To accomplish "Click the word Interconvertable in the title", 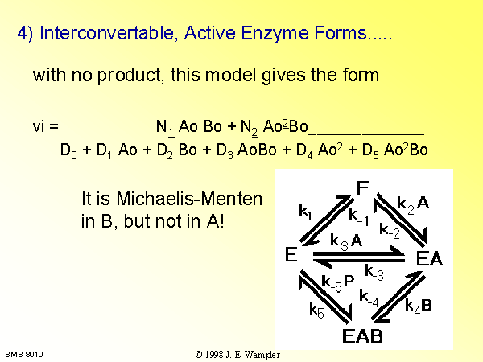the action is point(107,33).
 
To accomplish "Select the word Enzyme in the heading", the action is point(275,33).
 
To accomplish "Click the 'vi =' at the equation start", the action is point(46,126).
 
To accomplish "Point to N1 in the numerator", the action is point(165,127).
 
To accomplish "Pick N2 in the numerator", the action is point(249,127).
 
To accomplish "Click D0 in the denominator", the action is point(68,151).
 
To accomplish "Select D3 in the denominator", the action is point(225,151).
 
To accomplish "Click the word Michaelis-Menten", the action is point(189,199).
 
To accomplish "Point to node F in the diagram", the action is point(363,187).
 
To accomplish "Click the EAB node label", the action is point(362,335).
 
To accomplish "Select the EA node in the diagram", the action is point(429,258).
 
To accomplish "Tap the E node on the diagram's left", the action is point(291,254).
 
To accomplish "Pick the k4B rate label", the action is point(419,306).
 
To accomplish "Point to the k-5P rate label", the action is point(338,282).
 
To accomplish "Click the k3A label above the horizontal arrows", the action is point(346,241).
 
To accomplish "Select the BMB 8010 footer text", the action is point(24,355).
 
